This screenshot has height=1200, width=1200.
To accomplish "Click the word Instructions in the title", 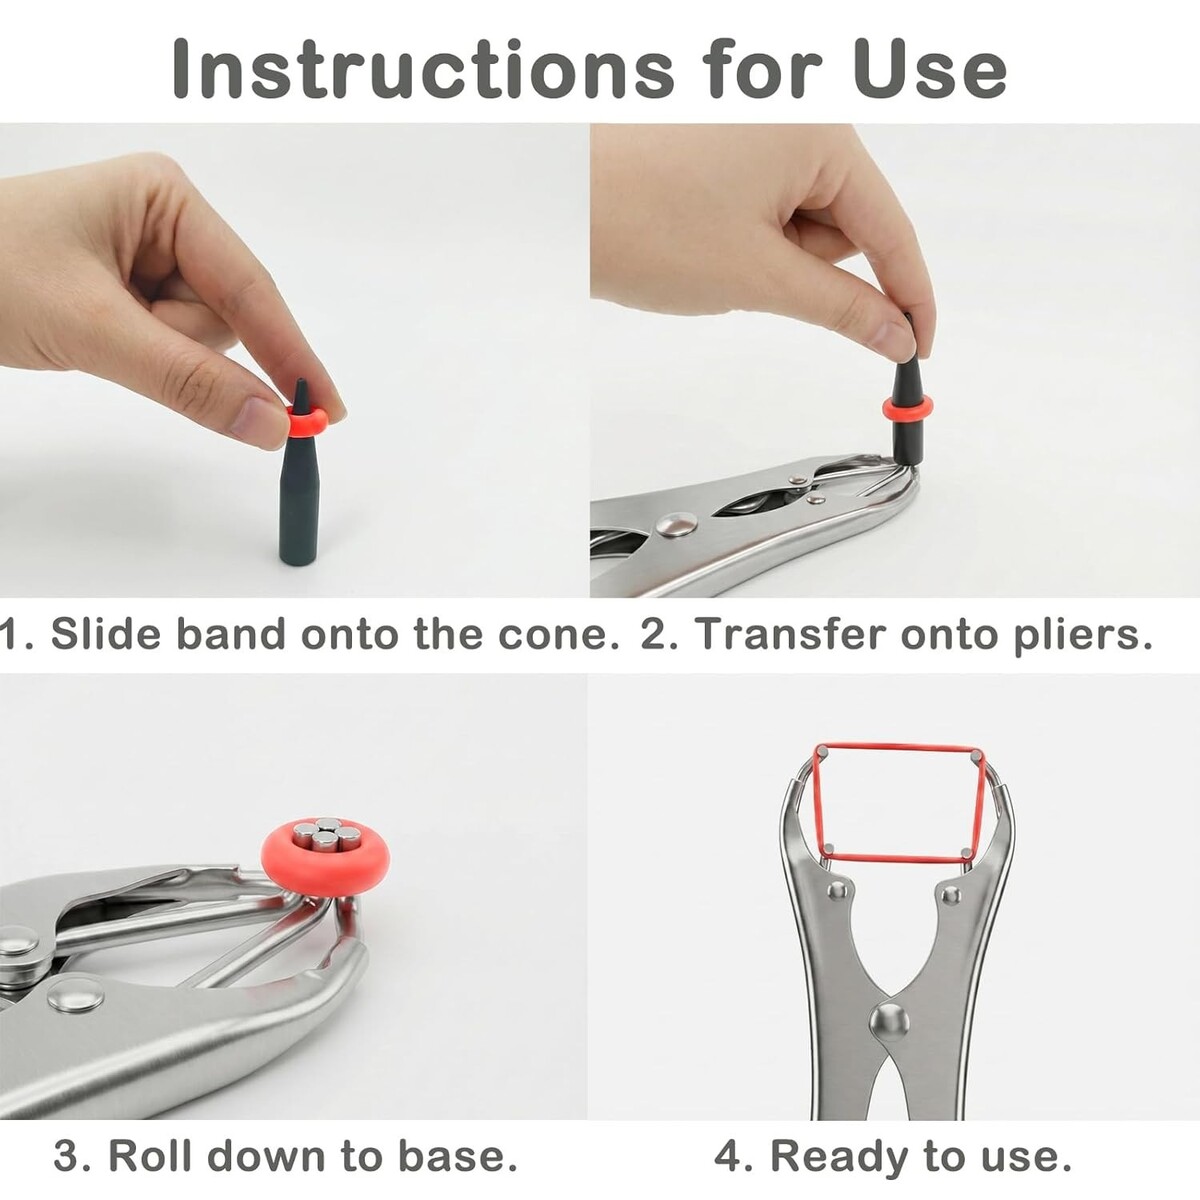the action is point(423,69).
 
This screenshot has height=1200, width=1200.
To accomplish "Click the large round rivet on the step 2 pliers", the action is point(676,525).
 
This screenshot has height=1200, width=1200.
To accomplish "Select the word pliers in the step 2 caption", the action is point(1082,635).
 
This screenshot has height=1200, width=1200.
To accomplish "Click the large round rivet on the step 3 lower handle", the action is point(75,1013).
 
